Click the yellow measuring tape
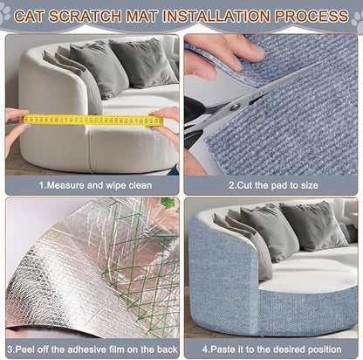click(92, 120)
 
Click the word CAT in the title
click(49, 16)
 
